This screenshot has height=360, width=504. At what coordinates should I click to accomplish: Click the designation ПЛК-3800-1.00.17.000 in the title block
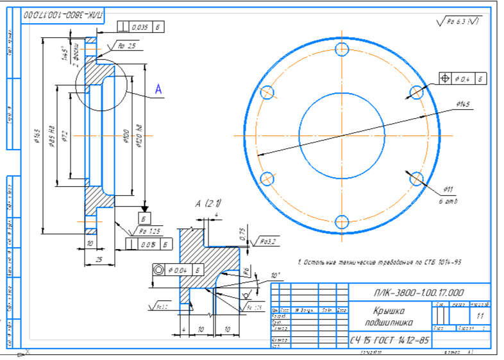point(420,293)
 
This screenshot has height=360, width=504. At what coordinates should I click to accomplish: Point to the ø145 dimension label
point(463,105)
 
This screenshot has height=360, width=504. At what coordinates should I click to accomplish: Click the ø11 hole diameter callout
point(448,189)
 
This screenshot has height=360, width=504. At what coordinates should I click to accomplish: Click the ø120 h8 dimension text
point(139,137)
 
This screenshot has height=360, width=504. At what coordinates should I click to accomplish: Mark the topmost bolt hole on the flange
point(342,49)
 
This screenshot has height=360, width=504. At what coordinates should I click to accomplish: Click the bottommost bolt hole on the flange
point(342,223)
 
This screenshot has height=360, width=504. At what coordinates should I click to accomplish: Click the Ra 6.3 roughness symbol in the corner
point(460,22)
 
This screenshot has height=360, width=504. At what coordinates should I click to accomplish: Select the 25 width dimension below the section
point(99,259)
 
